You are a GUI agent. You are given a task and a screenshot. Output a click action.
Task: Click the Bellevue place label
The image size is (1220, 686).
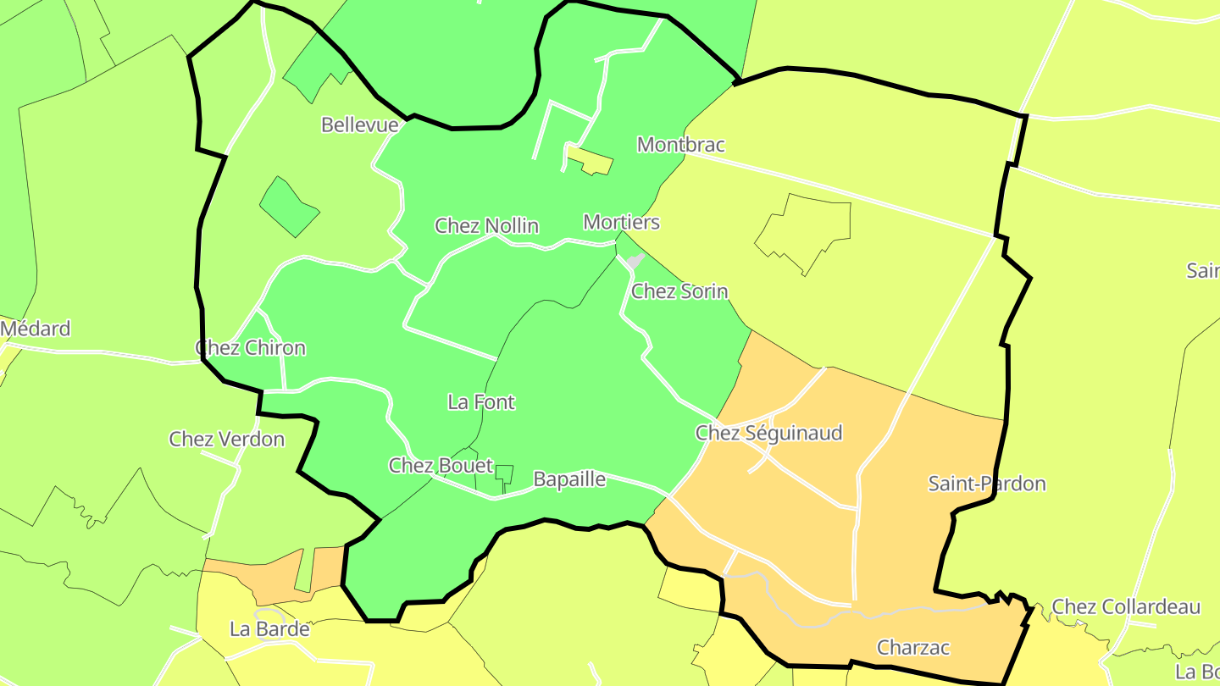pos(359,125)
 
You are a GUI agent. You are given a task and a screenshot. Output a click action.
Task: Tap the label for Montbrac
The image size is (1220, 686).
pos(680,145)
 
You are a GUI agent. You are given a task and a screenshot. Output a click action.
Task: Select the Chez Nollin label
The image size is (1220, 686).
pos(486,226)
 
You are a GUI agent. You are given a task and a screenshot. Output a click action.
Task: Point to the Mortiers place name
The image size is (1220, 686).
pos(621,223)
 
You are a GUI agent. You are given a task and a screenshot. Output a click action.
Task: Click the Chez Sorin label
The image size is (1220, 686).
pos(679,291)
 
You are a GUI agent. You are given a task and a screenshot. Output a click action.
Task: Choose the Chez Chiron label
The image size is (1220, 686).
pos(250,348)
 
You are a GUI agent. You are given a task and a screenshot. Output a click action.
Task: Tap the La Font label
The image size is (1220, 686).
pos(480,402)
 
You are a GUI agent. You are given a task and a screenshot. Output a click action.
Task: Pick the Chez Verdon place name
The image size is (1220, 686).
pos(226,440)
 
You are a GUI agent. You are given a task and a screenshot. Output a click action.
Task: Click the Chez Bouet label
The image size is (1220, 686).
pos(441,466)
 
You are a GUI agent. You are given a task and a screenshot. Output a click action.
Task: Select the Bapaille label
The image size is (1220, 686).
pos(569,479)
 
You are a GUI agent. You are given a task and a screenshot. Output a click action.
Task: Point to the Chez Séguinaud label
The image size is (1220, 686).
pos(768,434)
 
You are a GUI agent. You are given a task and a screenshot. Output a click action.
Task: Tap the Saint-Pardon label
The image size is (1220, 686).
pos(986,484)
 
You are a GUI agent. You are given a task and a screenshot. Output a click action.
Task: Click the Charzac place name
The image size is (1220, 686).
pos(913,648)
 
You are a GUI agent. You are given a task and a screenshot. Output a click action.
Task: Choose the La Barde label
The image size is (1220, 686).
pos(269,629)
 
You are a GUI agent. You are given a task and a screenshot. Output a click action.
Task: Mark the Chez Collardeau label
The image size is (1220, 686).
pos(1126,607)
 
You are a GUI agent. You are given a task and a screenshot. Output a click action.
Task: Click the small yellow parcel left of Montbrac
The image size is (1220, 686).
pos(591,161)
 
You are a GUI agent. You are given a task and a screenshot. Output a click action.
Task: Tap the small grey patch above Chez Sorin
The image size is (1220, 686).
pos(635,261)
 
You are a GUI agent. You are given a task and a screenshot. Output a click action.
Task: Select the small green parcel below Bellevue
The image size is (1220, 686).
pos(289,207)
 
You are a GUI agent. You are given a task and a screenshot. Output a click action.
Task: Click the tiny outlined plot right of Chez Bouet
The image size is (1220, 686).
pos(504,474)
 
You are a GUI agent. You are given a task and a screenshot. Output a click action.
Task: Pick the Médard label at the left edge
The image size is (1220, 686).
pos(36,329)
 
